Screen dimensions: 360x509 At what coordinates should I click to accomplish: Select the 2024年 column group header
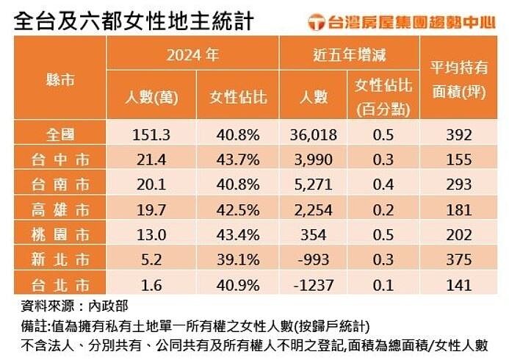[x=192, y=54]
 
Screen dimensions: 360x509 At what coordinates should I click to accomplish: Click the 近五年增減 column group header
[x=349, y=54]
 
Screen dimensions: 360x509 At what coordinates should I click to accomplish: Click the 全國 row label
[x=59, y=134]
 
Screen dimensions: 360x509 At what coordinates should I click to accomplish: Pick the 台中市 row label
[x=59, y=159]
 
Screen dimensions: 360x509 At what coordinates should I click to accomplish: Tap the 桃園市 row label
[x=59, y=235]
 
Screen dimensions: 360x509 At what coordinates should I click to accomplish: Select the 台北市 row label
[x=59, y=284]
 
